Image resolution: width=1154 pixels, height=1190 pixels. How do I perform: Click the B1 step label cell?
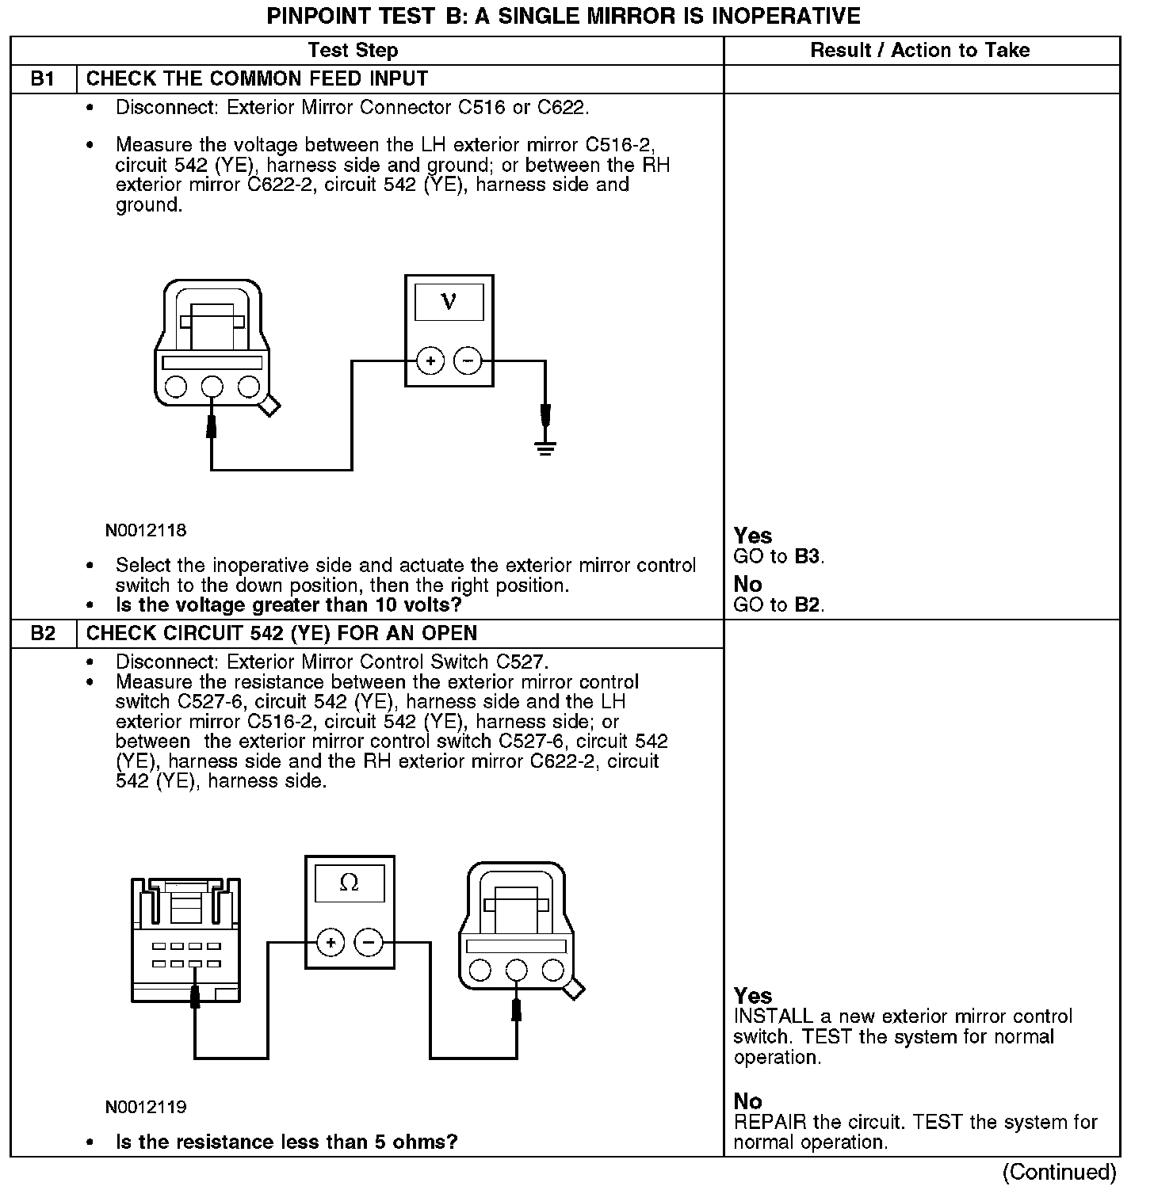tap(43, 79)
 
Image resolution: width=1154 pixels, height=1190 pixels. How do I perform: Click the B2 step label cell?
tap(43, 634)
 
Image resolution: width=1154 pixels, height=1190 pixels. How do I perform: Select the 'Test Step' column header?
tap(353, 51)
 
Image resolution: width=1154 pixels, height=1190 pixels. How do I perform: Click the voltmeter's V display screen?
tap(449, 302)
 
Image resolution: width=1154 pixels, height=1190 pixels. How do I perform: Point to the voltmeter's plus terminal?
tap(430, 362)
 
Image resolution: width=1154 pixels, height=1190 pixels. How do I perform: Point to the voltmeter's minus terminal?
tap(468, 362)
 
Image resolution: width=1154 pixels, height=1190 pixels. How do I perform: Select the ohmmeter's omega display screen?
tap(349, 883)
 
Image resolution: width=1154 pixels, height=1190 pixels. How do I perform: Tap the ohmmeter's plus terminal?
tap(331, 943)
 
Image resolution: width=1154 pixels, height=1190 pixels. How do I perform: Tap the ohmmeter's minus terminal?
tap(368, 943)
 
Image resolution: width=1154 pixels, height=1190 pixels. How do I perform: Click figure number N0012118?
tap(146, 531)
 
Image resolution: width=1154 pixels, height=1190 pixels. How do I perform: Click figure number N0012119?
tap(146, 1107)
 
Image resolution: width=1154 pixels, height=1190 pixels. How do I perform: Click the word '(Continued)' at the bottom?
tap(1059, 1172)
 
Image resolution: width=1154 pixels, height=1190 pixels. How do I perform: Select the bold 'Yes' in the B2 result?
tap(752, 996)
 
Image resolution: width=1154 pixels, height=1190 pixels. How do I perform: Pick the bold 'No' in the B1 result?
tap(747, 585)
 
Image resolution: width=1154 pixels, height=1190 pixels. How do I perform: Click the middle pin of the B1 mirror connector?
tap(212, 387)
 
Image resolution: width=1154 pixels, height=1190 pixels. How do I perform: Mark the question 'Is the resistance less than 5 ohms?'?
tap(286, 1142)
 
